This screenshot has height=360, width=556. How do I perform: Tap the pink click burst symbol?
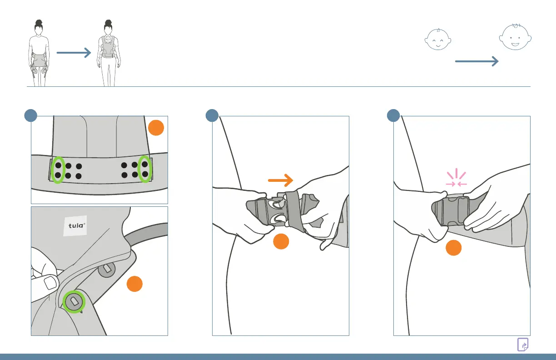(x=456, y=178)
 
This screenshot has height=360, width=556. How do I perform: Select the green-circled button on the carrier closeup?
(x=73, y=301)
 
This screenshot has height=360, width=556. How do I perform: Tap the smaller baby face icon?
(x=438, y=40)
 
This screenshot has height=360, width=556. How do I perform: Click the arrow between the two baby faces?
(x=477, y=62)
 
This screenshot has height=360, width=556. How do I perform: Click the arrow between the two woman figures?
(x=74, y=53)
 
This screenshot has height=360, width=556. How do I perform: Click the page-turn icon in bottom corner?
(x=523, y=345)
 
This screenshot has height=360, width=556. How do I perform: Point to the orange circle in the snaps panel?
(x=156, y=128)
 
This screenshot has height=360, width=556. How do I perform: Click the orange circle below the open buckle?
(x=281, y=242)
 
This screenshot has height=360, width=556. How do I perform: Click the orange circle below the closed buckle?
(x=453, y=248)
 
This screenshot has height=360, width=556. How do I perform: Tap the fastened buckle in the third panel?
(x=452, y=211)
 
